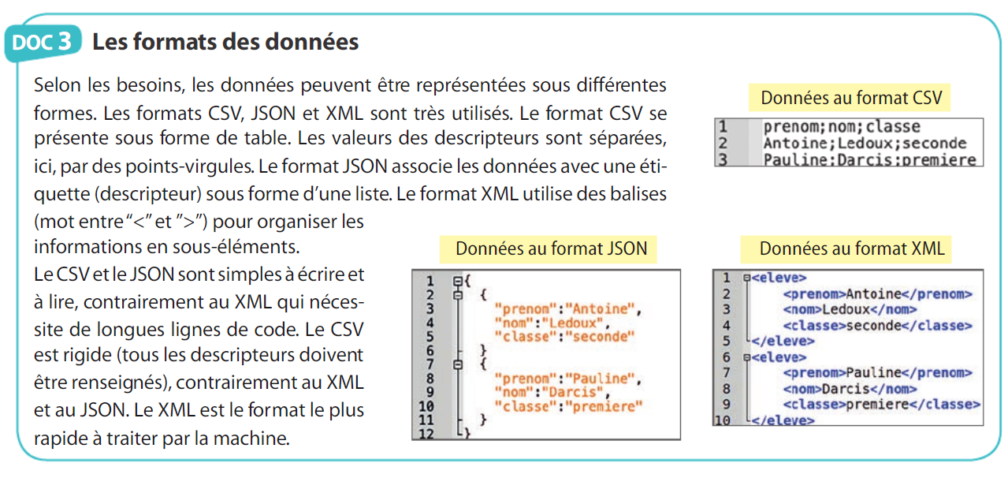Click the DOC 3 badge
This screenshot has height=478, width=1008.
tap(43, 42)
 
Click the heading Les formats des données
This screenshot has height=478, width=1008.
tap(225, 41)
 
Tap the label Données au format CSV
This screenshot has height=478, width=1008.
tap(851, 98)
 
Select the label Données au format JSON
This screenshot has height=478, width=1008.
tap(551, 248)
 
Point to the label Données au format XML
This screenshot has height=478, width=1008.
tap(851, 248)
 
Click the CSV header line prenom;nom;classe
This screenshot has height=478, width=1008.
tap(842, 127)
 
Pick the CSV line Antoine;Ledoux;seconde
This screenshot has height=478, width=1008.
tap(865, 143)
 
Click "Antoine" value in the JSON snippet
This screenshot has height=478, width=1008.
tap(604, 308)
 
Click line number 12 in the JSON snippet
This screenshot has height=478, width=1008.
tap(429, 432)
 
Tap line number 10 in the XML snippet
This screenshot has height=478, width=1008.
tap(723, 420)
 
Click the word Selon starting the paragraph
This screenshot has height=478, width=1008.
tap(58, 85)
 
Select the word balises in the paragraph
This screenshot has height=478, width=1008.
tap(638, 193)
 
